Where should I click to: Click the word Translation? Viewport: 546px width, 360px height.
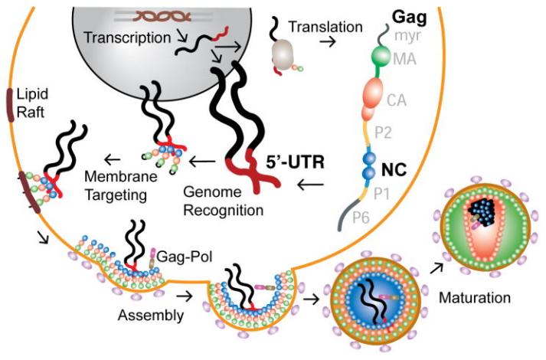point(325,27)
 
